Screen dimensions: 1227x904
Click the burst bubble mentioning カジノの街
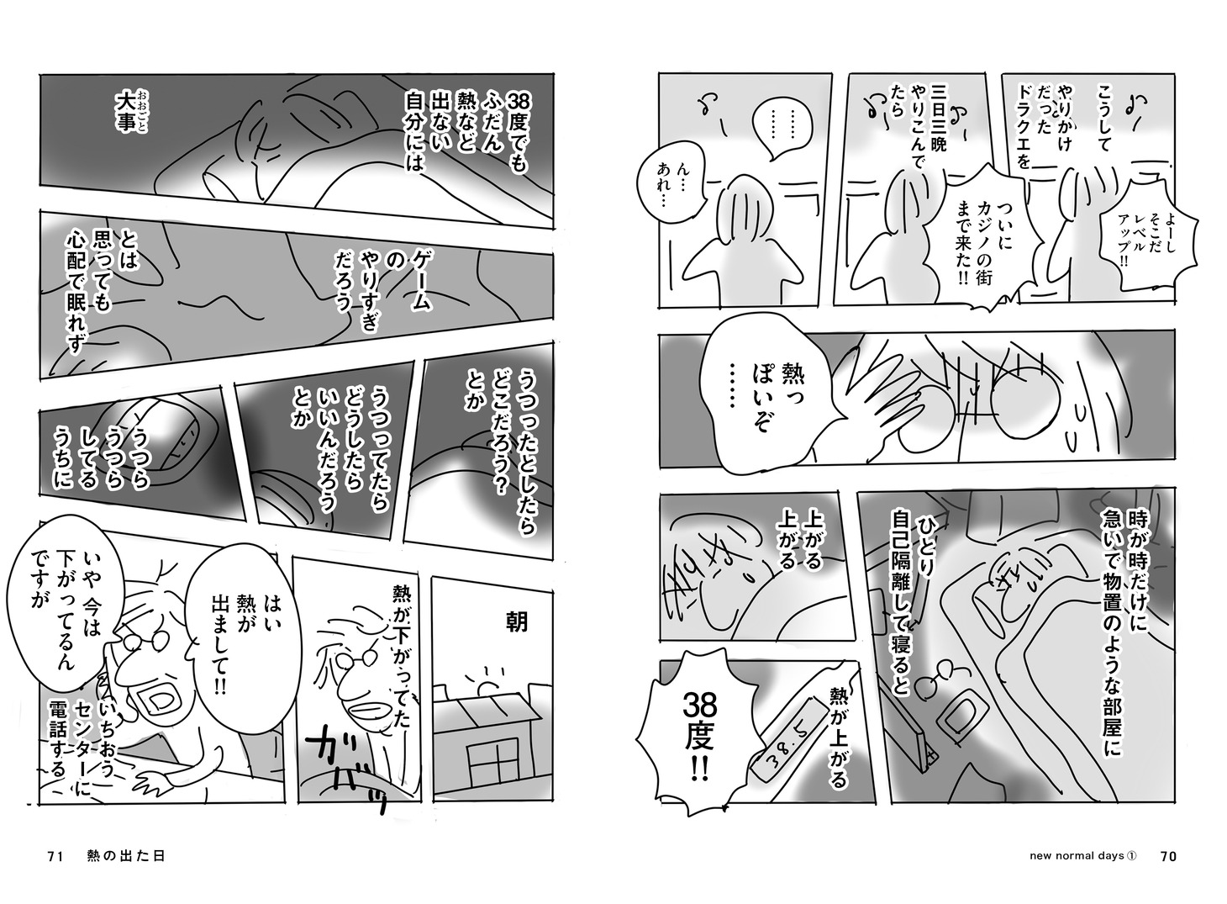984,241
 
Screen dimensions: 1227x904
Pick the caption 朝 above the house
517,623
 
